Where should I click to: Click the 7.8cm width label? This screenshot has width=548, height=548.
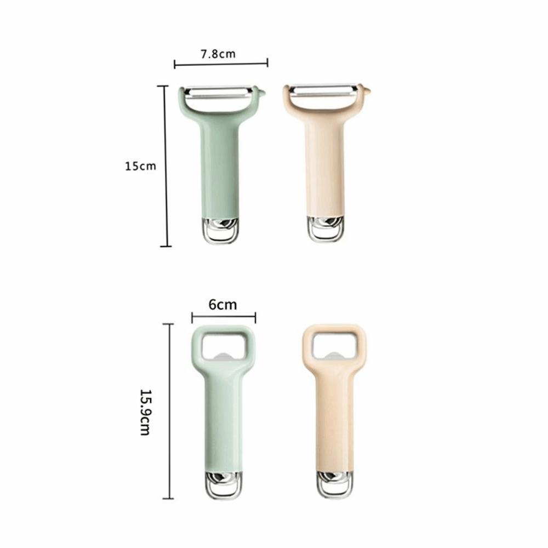pos(218,54)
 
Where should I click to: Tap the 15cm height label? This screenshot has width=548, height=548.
pos(141,166)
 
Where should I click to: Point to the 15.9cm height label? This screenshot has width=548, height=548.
pos(145,412)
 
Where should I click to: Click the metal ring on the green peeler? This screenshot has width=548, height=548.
pos(222,230)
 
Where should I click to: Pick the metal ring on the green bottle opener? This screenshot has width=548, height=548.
pos(224,484)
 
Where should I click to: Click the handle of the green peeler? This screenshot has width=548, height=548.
pos(221,164)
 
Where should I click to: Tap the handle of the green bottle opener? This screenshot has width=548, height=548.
pos(223,416)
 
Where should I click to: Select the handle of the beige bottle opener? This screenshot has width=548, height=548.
pos(334,416)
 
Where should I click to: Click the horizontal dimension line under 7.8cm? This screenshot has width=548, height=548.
pos(221,64)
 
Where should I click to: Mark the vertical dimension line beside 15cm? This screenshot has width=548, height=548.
pos(165,166)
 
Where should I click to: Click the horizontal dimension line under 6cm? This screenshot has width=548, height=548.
pos(224,316)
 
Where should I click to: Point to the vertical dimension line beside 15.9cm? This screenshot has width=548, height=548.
pos(168,411)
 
